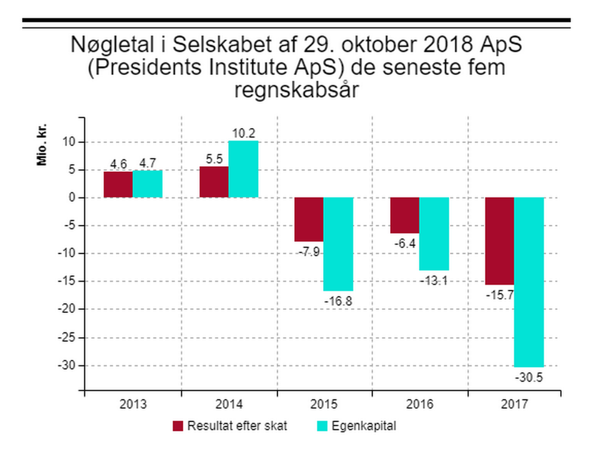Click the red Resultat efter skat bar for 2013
(118, 184)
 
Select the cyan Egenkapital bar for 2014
(243, 169)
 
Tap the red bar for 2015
(309, 219)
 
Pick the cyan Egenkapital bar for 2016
(434, 234)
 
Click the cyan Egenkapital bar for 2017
(529, 282)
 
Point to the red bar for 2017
(500, 241)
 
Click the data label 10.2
(244, 133)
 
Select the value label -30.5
(529, 377)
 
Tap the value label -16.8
(339, 301)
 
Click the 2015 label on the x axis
(324, 405)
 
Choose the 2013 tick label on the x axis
(133, 405)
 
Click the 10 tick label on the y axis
(71, 142)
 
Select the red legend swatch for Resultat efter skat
(179, 427)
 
